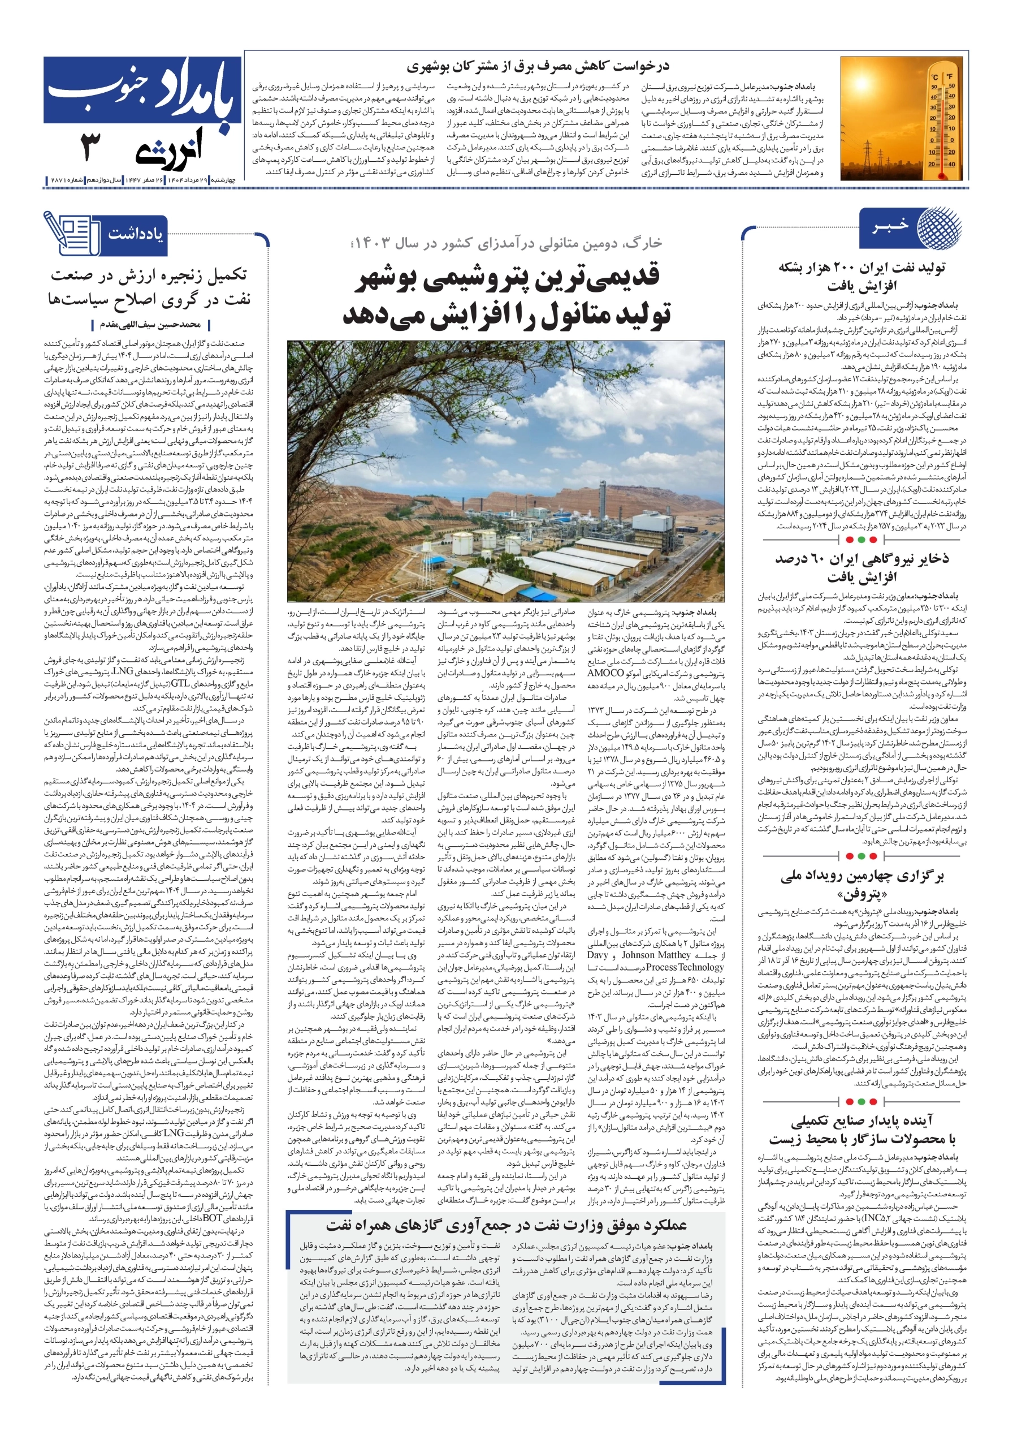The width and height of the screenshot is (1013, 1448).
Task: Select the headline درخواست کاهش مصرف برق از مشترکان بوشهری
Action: click(538, 66)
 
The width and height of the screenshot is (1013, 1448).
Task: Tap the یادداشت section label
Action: click(135, 235)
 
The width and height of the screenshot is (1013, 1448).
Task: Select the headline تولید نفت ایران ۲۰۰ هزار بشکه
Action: click(862, 268)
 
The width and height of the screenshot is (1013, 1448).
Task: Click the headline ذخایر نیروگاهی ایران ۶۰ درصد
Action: click(861, 559)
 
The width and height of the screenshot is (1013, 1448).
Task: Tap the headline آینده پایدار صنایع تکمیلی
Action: click(861, 1121)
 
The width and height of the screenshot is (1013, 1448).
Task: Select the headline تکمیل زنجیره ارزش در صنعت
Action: click(149, 275)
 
